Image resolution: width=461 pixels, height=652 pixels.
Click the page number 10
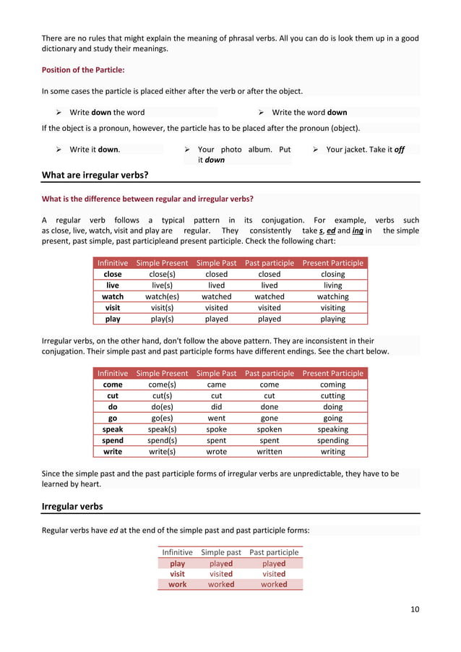click(x=414, y=609)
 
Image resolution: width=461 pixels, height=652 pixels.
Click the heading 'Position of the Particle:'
click(x=83, y=69)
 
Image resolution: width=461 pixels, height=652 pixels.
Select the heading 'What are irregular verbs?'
click(x=95, y=175)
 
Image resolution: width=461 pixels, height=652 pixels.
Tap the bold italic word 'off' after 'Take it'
click(x=399, y=150)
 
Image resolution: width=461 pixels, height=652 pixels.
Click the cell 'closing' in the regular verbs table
click(x=332, y=275)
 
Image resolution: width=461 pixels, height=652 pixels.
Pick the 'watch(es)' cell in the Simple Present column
click(x=162, y=296)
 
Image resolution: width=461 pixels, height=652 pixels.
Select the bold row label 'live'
click(x=113, y=286)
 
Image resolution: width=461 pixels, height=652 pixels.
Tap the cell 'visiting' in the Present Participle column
click(x=332, y=307)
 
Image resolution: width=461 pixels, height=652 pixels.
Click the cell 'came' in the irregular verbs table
click(x=216, y=385)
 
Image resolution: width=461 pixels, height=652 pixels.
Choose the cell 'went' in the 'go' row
click(x=216, y=418)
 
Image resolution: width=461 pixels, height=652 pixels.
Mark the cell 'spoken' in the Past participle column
click(x=270, y=429)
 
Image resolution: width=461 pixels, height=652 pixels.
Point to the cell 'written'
click(x=270, y=451)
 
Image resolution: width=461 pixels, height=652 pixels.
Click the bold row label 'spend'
click(x=113, y=440)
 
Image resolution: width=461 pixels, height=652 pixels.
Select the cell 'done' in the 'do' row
click(x=270, y=407)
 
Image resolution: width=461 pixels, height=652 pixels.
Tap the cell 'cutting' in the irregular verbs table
click(x=332, y=396)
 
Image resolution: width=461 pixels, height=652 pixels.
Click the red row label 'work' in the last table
click(x=177, y=585)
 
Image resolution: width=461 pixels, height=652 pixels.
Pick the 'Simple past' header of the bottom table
click(x=221, y=552)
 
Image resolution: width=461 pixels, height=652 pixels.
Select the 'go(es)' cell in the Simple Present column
click(x=162, y=418)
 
